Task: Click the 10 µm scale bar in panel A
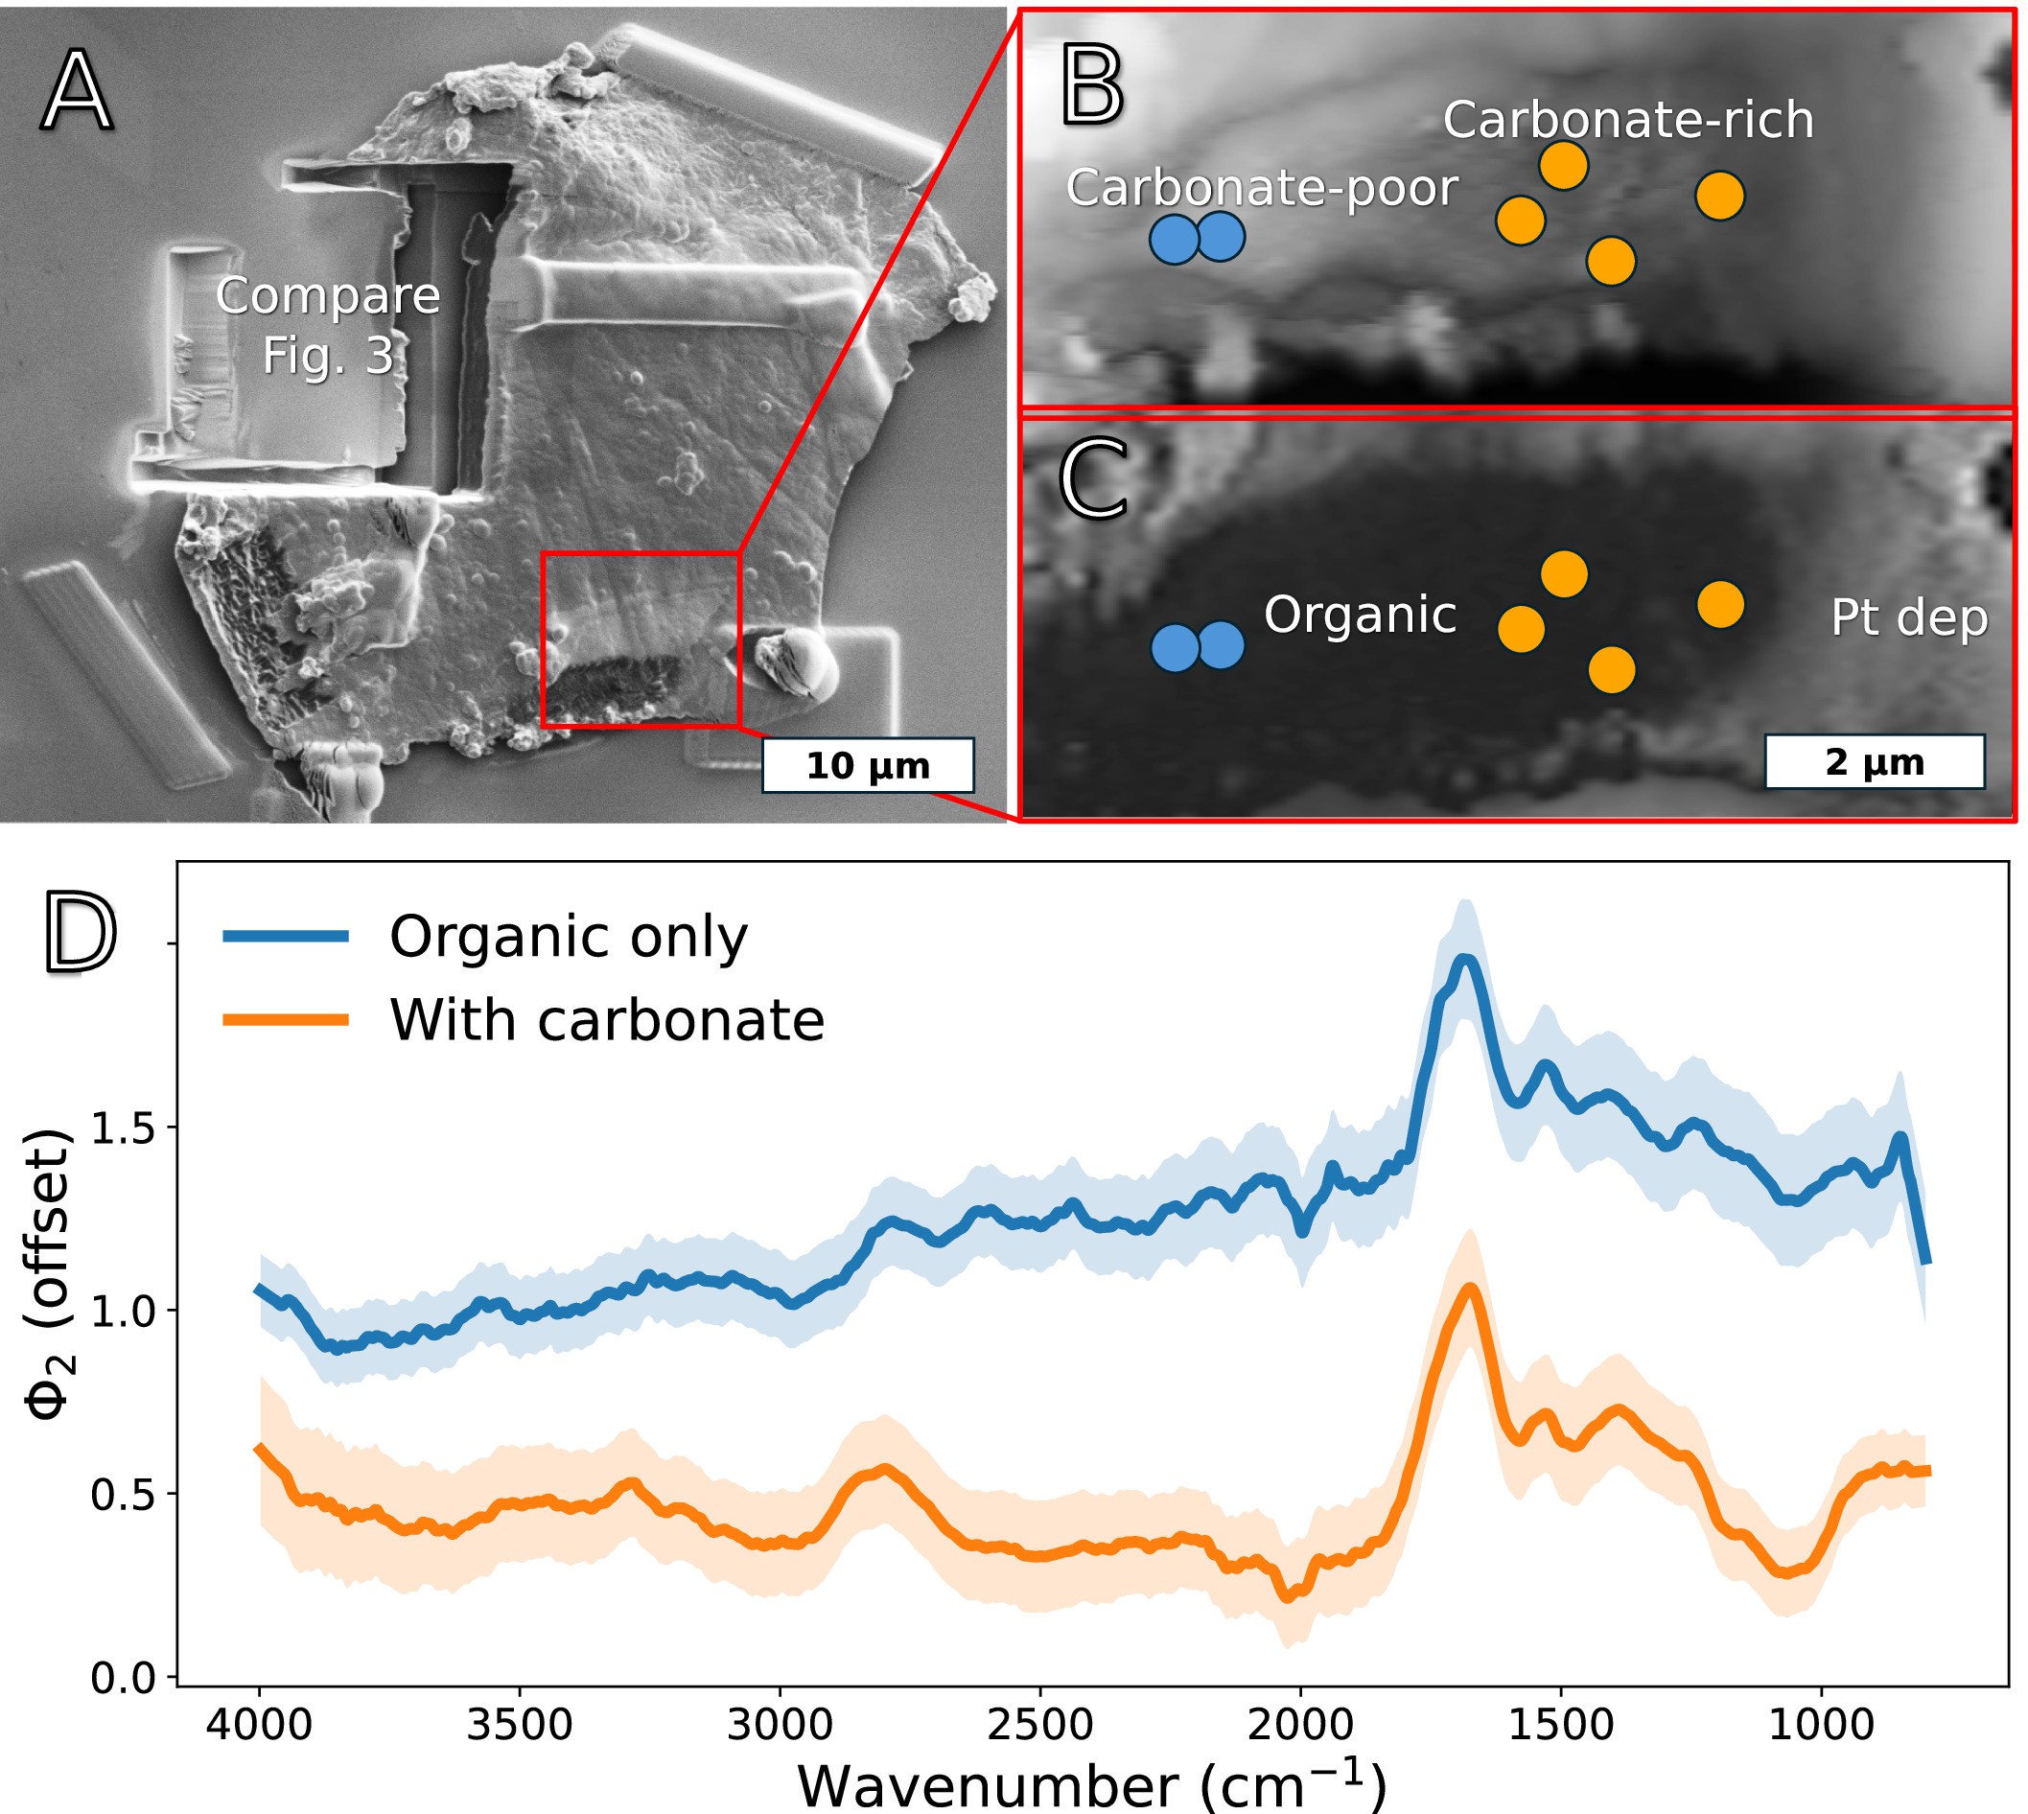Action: coord(867,765)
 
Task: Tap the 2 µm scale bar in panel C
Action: coord(1874,761)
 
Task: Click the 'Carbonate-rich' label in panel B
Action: coord(1627,120)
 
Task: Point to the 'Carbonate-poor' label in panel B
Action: coord(1261,187)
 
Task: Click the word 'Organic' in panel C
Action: coord(1360,615)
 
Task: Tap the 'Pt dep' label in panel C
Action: coord(1908,618)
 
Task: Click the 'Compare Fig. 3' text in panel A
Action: coord(327,325)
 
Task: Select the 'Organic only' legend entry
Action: coord(568,937)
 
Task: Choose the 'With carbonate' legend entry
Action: coord(606,1021)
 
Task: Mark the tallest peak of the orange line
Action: coord(1469,1288)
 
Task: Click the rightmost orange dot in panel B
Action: coord(1719,195)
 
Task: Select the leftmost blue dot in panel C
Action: coord(1175,647)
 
